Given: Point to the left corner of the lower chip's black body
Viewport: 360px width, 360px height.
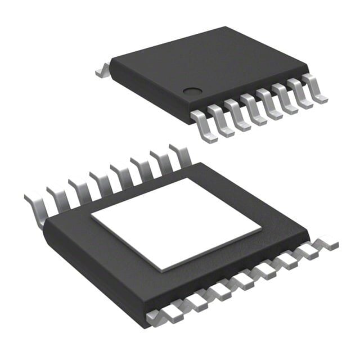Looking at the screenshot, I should coord(45,225).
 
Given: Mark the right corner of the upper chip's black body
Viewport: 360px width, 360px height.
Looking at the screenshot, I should coord(307,73).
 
